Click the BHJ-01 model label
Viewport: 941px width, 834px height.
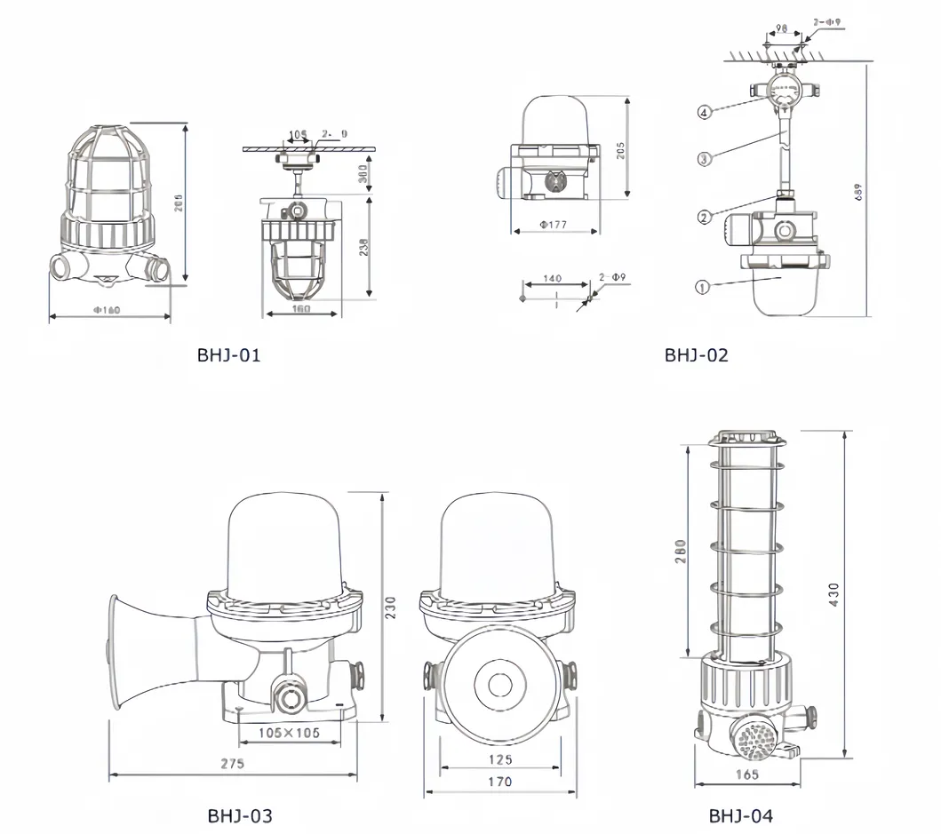228,355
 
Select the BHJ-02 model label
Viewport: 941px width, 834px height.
696,355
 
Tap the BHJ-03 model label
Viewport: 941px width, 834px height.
240,815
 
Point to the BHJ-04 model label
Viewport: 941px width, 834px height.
740,815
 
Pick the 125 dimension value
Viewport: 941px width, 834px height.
500,759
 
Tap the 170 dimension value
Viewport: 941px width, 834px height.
500,782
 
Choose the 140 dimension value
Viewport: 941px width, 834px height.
552,279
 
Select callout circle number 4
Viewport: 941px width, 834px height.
704,113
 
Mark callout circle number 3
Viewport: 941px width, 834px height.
704,159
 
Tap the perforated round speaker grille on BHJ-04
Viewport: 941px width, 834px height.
751,738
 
